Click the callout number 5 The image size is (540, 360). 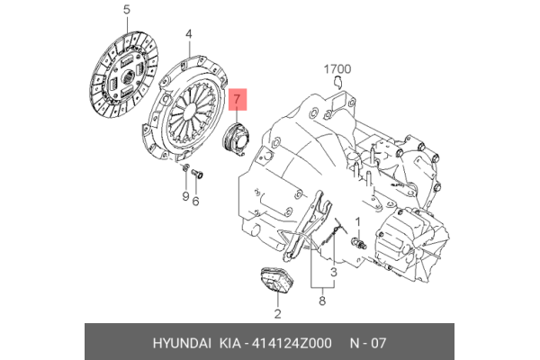pos(127,11)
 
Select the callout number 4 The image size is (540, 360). pos(189,35)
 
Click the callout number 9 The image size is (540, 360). pos(183,197)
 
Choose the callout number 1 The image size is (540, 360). pos(357,220)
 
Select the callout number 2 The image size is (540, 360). pos(277,313)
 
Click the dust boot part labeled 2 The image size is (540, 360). pos(275,282)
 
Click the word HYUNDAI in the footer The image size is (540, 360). pos(178,344)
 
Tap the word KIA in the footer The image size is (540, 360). pos(226,344)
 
